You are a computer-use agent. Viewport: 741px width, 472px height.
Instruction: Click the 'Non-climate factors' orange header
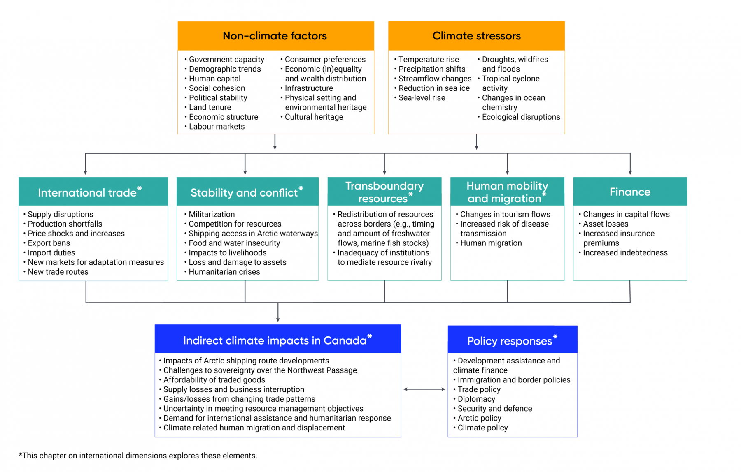tap(275, 36)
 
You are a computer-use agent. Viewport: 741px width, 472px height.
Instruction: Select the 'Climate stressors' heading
tap(476, 36)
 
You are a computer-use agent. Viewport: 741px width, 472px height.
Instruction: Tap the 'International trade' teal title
tap(88, 192)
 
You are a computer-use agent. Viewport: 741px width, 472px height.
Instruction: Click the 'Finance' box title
tap(630, 192)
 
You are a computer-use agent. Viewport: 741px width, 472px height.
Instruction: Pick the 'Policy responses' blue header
tap(510, 341)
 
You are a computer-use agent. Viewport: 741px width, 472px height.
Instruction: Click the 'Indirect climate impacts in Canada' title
tap(275, 340)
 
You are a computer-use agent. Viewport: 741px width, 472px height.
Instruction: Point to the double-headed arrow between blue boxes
tap(424, 389)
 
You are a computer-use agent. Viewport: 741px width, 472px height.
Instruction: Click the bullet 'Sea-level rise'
tap(422, 98)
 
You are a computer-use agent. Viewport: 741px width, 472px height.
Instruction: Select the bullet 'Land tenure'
tap(210, 107)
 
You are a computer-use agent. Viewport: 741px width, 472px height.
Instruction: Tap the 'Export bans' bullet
tap(49, 243)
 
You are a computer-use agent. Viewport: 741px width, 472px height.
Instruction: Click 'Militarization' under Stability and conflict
tap(212, 214)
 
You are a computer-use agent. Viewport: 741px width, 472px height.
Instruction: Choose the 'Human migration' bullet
tap(491, 243)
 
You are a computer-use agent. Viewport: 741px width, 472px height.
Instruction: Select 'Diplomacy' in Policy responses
tap(476, 399)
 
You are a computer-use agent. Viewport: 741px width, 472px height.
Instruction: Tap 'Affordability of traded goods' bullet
tap(214, 380)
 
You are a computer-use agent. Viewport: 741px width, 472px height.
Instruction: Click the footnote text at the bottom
tap(138, 456)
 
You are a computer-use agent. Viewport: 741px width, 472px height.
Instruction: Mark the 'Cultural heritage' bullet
tap(314, 117)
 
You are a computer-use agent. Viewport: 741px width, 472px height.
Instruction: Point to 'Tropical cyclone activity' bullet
tap(510, 83)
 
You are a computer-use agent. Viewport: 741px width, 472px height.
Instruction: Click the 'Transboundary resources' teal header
tap(384, 192)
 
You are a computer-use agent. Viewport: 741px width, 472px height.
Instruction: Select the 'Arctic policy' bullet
tap(479, 418)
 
